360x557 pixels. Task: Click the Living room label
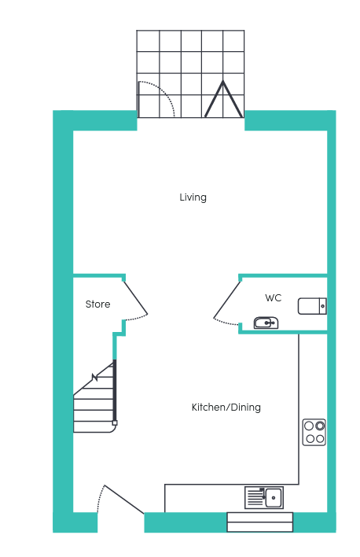(x=193, y=197)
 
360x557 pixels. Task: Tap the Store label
(x=97, y=304)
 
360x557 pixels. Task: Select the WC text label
(x=273, y=297)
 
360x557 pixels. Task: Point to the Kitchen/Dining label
(x=226, y=407)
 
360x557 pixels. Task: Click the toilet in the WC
(x=312, y=306)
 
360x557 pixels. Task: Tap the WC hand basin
(x=266, y=323)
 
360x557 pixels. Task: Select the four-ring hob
(x=314, y=432)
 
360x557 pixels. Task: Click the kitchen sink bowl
(x=274, y=497)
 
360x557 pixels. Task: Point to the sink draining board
(x=255, y=497)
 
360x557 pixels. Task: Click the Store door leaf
(x=135, y=297)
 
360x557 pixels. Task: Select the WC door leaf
(x=227, y=299)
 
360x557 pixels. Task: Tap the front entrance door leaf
(x=124, y=499)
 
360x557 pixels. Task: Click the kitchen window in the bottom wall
(x=260, y=522)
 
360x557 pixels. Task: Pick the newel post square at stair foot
(x=115, y=422)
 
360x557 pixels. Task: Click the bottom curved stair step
(x=95, y=427)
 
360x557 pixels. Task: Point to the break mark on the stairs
(x=95, y=378)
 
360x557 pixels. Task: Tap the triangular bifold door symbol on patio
(x=223, y=99)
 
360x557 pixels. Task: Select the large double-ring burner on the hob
(x=320, y=425)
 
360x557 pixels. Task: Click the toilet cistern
(x=323, y=306)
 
